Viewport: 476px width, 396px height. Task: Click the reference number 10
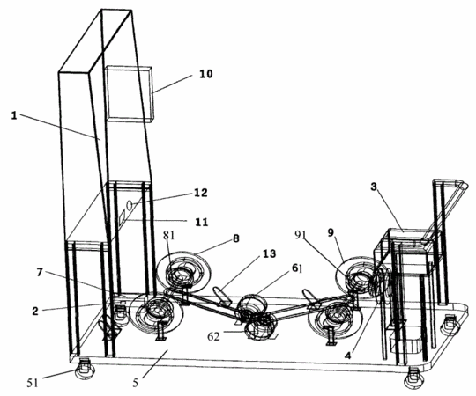click(x=205, y=74)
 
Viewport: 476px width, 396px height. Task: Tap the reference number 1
click(x=14, y=115)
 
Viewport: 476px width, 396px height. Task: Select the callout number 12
click(x=200, y=193)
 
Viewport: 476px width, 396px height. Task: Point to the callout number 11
click(x=201, y=223)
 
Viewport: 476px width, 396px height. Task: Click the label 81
click(x=168, y=235)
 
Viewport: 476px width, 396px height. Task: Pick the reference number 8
click(x=236, y=238)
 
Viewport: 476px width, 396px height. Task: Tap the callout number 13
click(x=269, y=253)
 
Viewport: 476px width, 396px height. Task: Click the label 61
click(x=297, y=268)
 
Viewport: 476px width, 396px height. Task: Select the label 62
click(x=213, y=336)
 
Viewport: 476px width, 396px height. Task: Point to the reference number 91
click(x=300, y=235)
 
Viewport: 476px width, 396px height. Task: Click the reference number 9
click(x=331, y=232)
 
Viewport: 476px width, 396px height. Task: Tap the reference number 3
click(x=374, y=187)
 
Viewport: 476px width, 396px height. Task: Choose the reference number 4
click(x=348, y=356)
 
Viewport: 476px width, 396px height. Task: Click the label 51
click(x=33, y=383)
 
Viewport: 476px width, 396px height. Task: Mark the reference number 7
click(x=40, y=273)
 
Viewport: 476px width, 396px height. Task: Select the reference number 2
click(x=35, y=312)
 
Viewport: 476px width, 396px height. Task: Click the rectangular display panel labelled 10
click(x=129, y=93)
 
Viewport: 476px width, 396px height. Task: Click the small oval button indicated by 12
click(x=130, y=205)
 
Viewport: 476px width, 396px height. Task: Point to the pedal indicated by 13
click(x=222, y=296)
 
